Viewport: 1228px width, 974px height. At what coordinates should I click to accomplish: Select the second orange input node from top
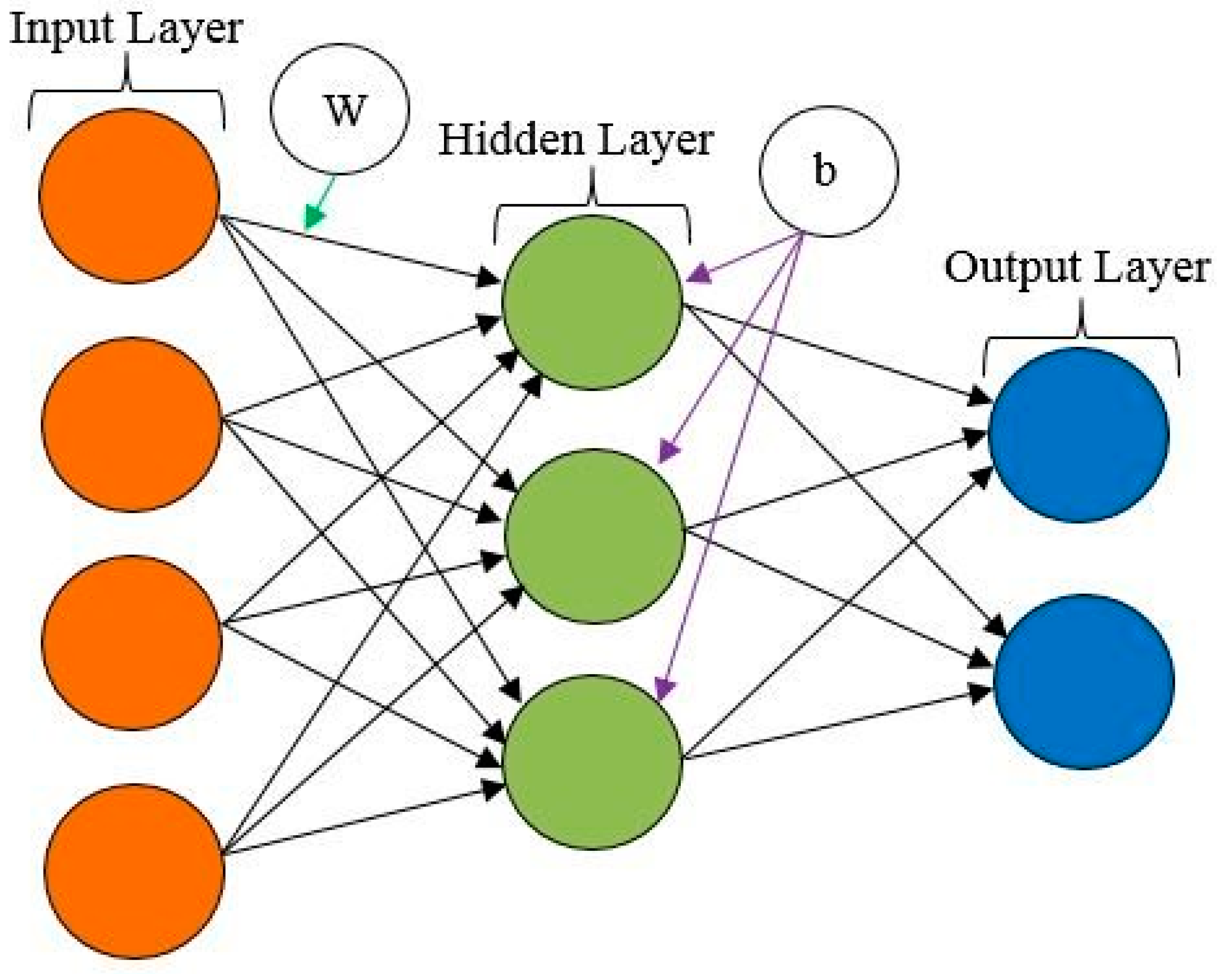131,424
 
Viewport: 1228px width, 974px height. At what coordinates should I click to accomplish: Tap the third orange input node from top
131,643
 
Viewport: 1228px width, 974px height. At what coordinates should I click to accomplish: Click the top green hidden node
592,302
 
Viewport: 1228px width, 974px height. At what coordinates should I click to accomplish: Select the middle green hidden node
594,535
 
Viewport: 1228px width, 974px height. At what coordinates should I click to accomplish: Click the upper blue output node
1079,435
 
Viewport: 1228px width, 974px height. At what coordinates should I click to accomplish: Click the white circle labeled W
340,108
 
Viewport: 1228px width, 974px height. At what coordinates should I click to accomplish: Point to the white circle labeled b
829,171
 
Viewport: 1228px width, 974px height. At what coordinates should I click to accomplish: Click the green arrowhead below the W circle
312,219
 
